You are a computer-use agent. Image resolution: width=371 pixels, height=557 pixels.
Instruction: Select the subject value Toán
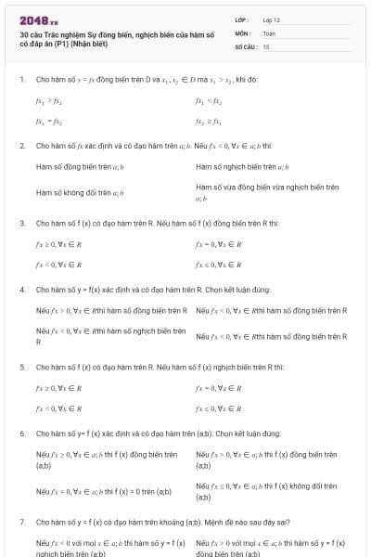[268, 32]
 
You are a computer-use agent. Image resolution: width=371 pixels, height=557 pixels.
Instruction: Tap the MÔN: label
[242, 32]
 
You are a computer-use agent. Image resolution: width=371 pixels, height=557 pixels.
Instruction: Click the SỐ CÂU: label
[245, 45]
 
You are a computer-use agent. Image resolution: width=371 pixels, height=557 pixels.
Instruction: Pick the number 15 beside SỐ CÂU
[266, 45]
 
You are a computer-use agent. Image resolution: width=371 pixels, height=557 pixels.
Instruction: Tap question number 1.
[21, 79]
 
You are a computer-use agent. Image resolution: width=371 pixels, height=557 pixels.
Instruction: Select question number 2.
[21, 146]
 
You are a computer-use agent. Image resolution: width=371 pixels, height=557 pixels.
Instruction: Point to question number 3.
[21, 224]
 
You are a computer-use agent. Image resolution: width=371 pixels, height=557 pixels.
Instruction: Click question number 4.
[21, 290]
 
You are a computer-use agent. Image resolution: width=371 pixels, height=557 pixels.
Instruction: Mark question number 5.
[21, 367]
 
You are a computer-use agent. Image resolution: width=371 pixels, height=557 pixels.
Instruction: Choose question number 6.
[21, 434]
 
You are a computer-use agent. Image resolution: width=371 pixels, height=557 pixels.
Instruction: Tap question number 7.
[21, 522]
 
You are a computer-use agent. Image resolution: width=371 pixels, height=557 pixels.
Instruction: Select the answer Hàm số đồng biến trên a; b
[80, 167]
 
